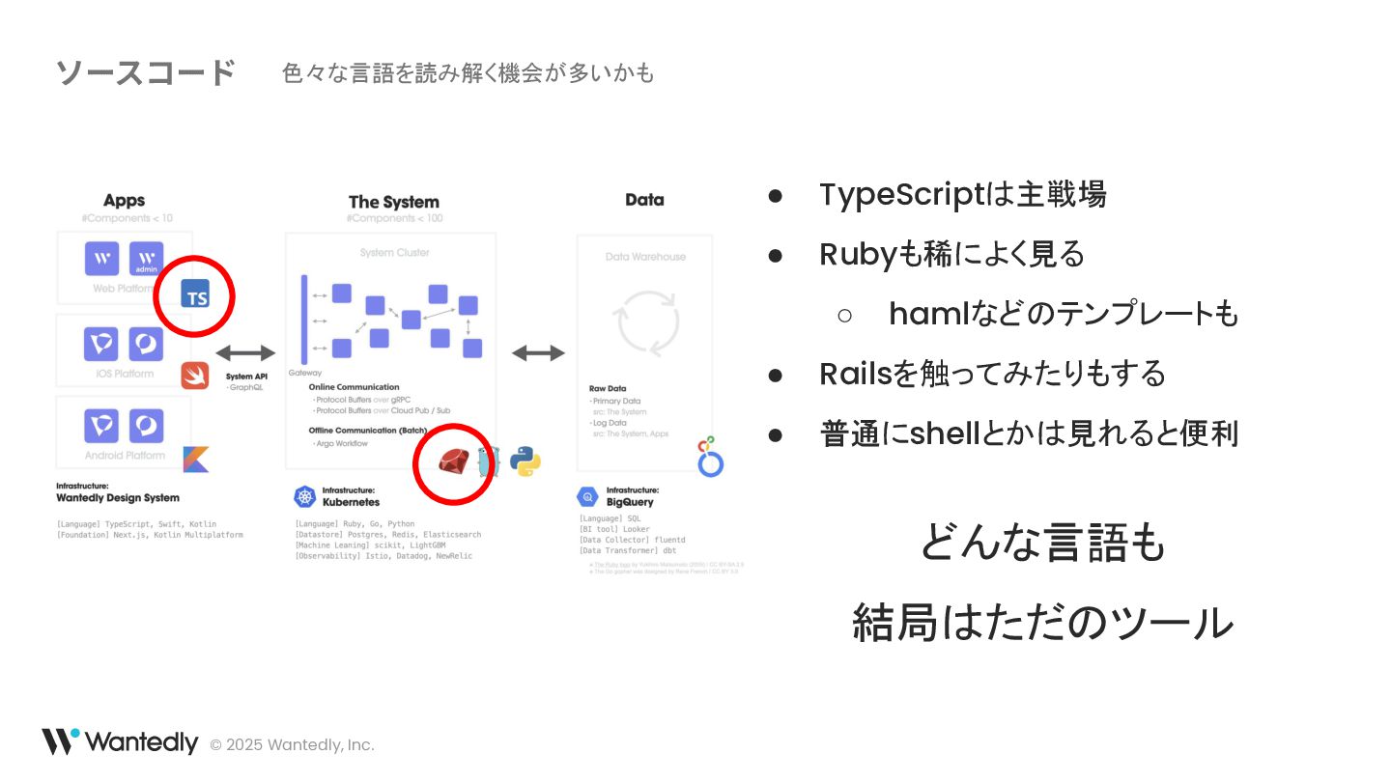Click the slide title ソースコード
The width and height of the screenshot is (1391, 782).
[145, 72]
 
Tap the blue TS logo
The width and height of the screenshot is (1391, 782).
[196, 294]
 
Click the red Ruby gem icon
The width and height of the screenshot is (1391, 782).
[452, 462]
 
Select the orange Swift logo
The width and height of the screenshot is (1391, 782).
[195, 375]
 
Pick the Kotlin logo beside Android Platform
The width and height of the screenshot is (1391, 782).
[196, 459]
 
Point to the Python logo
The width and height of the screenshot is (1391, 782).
[525, 461]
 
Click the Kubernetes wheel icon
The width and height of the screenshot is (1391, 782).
[305, 496]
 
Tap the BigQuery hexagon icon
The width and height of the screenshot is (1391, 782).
[587, 496]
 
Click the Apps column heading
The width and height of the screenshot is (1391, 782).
[124, 201]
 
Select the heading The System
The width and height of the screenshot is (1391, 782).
[393, 202]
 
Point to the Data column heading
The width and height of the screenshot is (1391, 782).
[644, 200]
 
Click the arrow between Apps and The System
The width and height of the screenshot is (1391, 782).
[245, 353]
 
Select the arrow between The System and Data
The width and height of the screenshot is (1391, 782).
[538, 353]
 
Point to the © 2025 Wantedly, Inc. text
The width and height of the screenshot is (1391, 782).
[292, 744]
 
